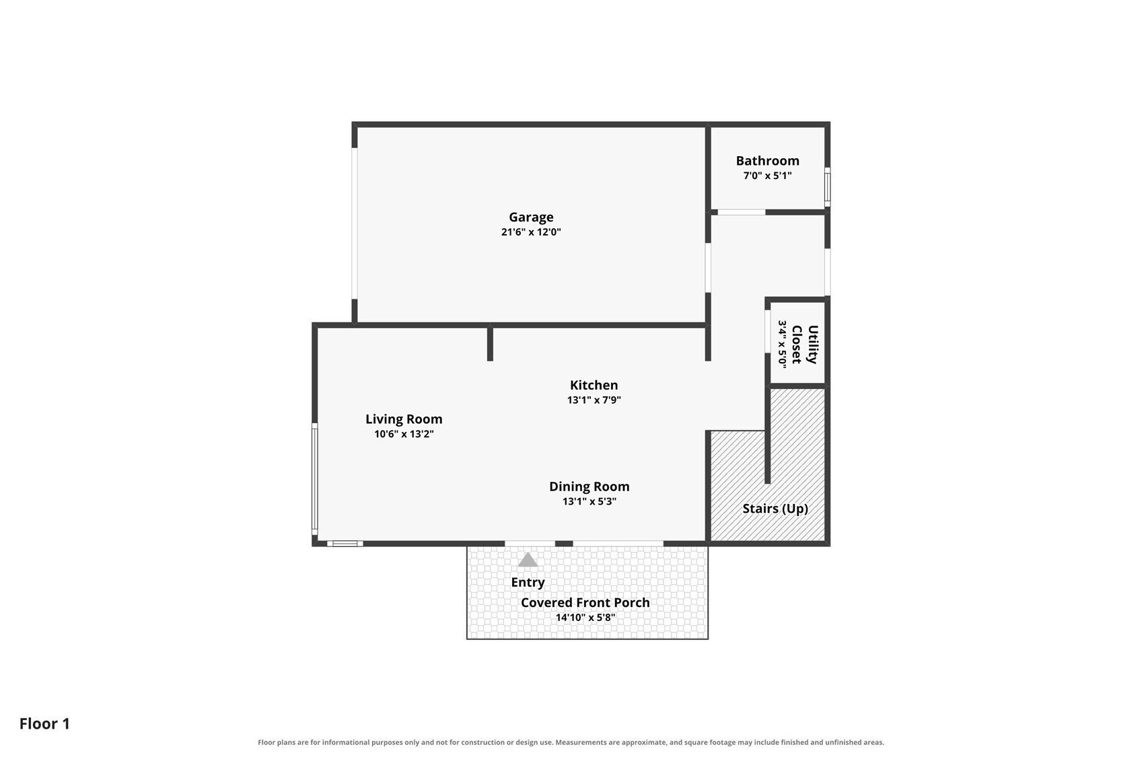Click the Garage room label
point(531,217)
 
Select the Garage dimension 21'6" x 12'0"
point(531,232)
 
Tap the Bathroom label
point(767,161)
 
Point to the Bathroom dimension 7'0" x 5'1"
point(767,176)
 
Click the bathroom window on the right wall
point(828,187)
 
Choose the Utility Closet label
point(805,345)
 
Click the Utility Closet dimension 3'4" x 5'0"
point(783,345)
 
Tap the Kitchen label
point(594,386)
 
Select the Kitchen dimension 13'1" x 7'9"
point(594,400)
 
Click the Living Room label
point(404,419)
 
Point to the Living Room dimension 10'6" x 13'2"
point(404,434)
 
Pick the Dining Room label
point(590,486)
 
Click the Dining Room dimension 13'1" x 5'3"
point(590,501)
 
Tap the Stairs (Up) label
point(775,509)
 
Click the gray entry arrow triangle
point(528,560)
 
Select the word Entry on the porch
point(528,582)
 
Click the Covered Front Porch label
point(585,602)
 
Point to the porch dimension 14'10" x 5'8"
point(585,618)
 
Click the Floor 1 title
point(44,724)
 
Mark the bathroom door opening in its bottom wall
point(742,212)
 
